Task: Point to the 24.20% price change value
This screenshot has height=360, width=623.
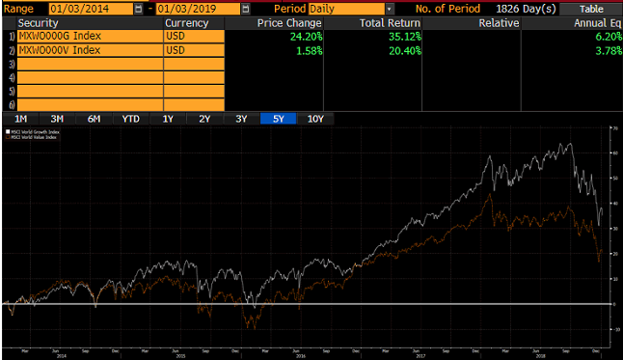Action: pos(305,36)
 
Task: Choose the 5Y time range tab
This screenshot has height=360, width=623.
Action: pos(278,119)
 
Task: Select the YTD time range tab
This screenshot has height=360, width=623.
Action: pos(130,119)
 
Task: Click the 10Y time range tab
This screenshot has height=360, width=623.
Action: pos(315,119)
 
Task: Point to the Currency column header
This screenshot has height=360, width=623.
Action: pos(187,22)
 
